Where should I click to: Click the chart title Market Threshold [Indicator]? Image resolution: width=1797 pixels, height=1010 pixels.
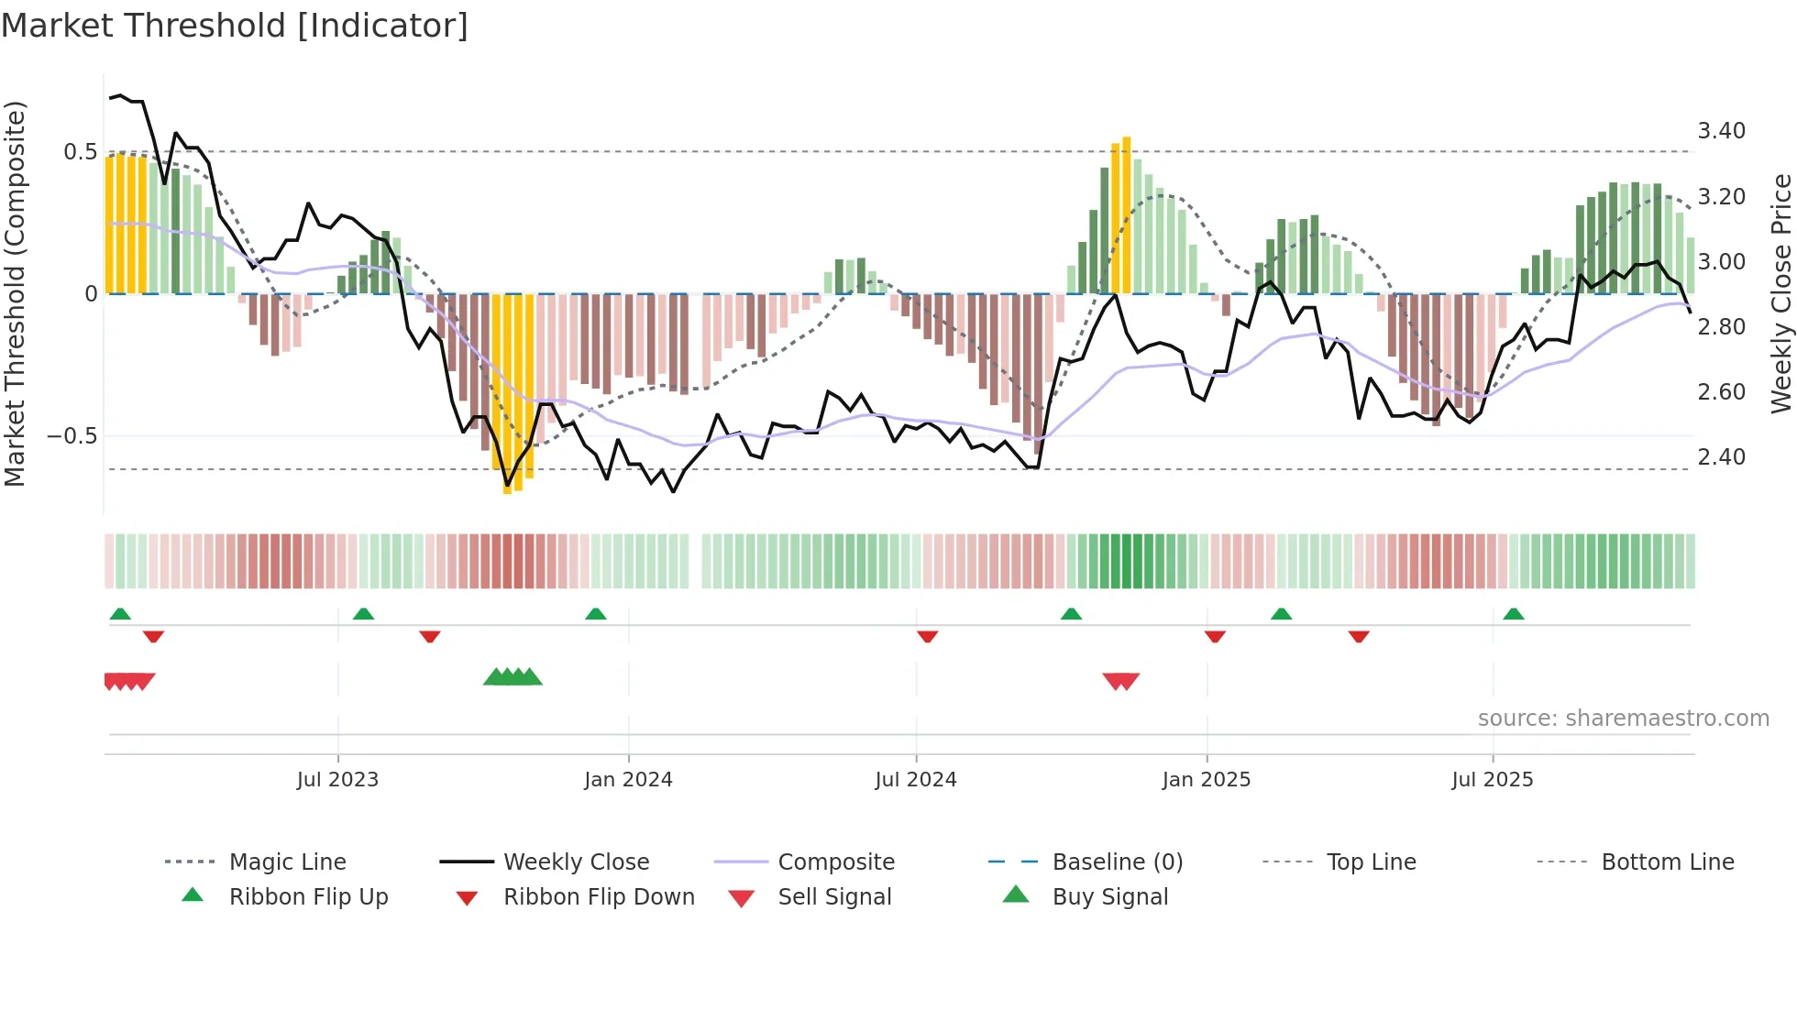(235, 26)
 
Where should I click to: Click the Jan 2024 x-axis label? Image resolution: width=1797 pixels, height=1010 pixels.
(628, 780)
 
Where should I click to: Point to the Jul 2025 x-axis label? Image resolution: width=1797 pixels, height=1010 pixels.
(1492, 780)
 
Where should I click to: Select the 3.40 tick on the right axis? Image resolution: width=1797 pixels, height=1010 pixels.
(1721, 131)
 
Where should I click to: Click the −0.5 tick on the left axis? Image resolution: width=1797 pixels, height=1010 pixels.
(72, 436)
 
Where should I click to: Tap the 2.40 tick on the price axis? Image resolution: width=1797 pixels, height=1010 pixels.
(1721, 456)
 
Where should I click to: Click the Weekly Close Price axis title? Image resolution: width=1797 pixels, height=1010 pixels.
(1780, 293)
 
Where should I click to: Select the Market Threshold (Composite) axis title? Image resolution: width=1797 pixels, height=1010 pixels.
(15, 293)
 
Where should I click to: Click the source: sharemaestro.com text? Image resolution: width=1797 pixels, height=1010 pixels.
(1623, 719)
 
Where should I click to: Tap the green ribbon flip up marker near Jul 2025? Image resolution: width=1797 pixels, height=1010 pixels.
(1514, 614)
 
